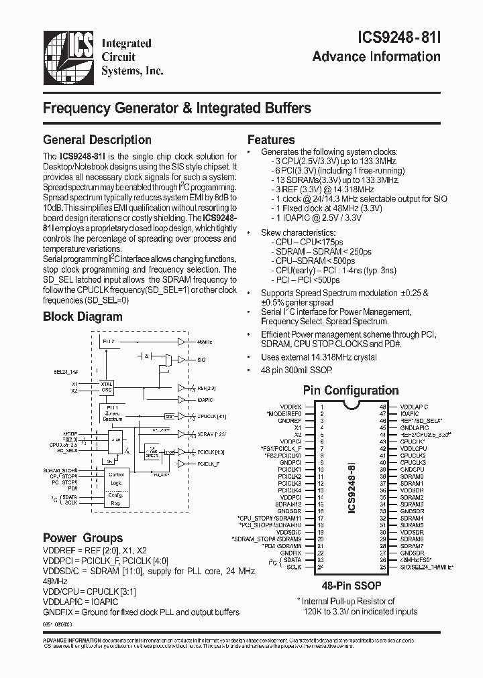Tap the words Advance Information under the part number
coord(376,56)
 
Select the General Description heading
coord(97,140)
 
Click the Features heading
coord(271,140)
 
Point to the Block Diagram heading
coord(83,317)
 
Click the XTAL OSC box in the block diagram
coord(107,387)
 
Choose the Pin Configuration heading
coord(350,391)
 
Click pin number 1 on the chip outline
coord(321,407)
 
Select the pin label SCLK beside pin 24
coord(293,567)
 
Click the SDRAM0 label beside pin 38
coord(411,477)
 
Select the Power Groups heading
coord(83,538)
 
